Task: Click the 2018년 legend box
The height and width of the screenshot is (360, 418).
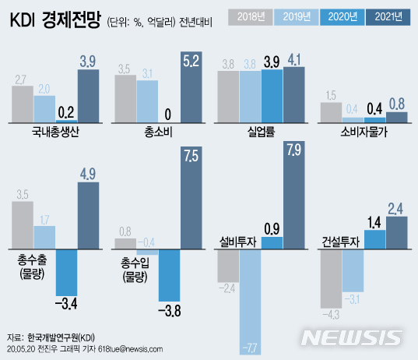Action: tap(251, 16)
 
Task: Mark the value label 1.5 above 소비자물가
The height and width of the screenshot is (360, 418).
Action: tap(332, 95)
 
